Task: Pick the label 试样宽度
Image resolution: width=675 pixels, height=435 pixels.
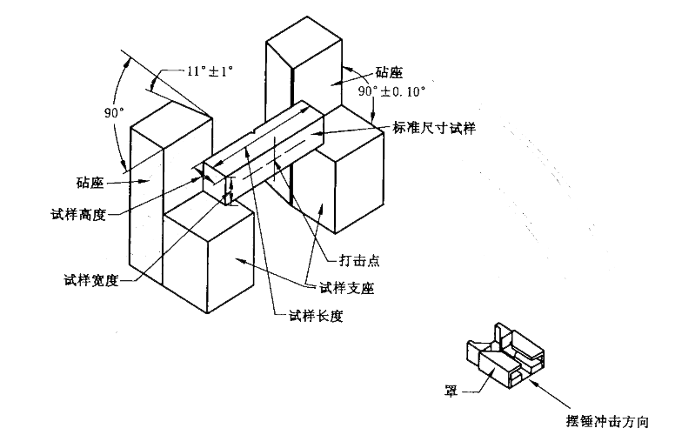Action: coord(91,280)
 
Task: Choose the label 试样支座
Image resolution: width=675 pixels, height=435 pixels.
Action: coord(345,289)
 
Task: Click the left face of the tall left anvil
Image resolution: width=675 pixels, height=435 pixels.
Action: coord(146,209)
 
